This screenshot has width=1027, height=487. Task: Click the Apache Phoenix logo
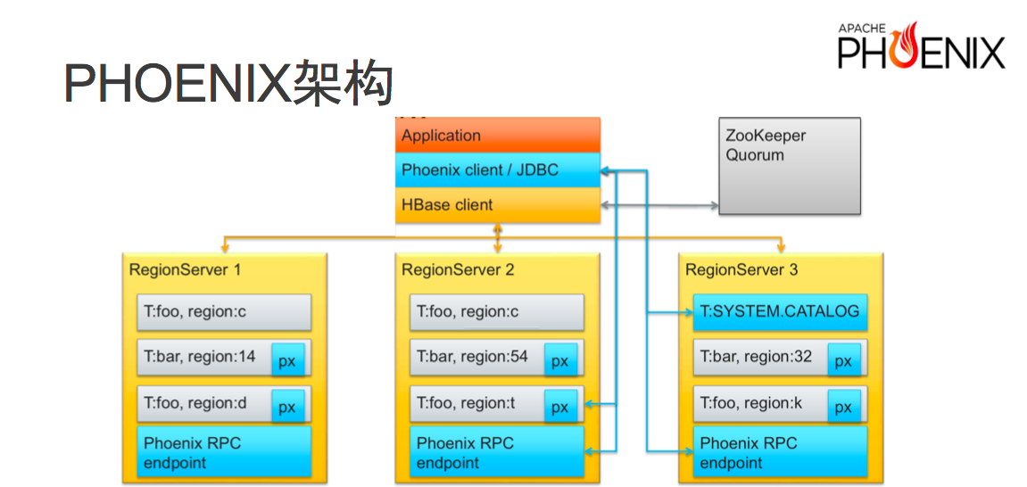coord(921,45)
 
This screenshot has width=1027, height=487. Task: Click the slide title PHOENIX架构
coord(228,85)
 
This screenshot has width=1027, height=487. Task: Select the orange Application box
coord(498,136)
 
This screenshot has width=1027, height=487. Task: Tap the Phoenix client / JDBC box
coord(498,170)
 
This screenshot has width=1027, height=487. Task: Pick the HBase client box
coord(498,205)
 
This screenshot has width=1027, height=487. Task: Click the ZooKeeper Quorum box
coord(790,166)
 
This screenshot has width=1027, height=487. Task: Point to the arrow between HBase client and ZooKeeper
coord(659,205)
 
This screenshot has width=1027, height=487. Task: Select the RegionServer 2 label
coord(457,269)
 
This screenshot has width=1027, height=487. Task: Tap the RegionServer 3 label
coord(741,269)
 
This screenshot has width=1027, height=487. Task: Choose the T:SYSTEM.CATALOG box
coord(780,312)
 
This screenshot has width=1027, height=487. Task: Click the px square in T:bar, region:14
coord(288,359)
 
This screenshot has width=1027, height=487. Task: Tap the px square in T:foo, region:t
coord(560,407)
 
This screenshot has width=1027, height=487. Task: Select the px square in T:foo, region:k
coord(844,407)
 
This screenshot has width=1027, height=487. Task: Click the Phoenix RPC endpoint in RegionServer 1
coord(224,451)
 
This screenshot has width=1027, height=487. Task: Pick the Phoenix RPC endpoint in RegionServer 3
coord(780,451)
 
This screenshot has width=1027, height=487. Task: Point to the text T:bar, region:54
coord(472,358)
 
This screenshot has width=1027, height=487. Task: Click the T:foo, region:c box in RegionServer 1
coord(224,312)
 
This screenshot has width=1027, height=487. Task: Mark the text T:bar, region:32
coord(756,358)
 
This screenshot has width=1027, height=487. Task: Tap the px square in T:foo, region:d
coord(288,407)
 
